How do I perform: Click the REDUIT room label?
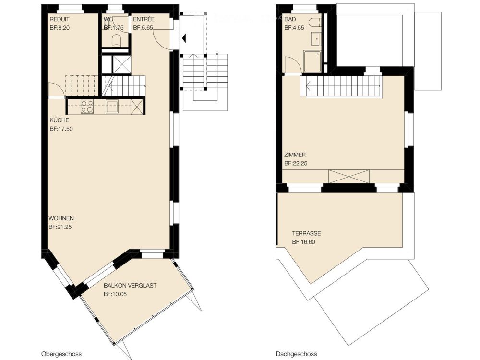(60, 19)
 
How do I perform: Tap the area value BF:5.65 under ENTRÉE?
(143, 28)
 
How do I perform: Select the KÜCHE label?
(59, 120)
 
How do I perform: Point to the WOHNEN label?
(60, 218)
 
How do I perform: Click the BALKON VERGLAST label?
(130, 285)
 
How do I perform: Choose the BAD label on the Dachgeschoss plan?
(290, 19)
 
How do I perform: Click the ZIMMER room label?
(295, 155)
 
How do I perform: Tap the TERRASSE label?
(306, 234)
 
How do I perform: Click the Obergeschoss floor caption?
(59, 353)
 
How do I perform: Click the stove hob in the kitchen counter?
(87, 106)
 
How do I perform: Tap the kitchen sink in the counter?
(112, 106)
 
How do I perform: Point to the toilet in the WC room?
(117, 41)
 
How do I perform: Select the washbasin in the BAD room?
(316, 39)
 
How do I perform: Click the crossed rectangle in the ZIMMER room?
(349, 176)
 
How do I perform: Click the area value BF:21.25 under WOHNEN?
(60, 227)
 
